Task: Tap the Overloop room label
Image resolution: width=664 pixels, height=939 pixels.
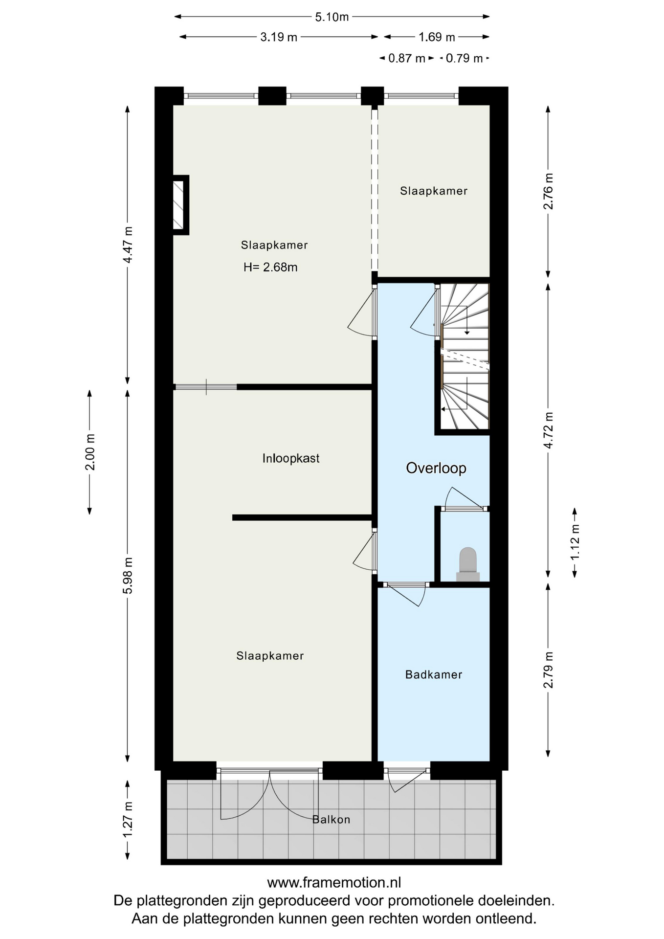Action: pos(436,468)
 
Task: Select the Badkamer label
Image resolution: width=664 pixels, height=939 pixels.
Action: pos(434,674)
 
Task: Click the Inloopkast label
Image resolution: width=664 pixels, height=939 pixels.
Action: pos(291,458)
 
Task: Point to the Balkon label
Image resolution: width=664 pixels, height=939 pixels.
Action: pos(332,819)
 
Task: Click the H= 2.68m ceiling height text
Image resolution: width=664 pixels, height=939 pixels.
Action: pos(270,267)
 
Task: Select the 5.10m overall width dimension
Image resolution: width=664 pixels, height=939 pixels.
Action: pos(332,17)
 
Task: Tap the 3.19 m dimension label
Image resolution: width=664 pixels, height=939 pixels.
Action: pos(279,37)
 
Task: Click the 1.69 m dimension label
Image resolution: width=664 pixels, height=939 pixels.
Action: pos(437,37)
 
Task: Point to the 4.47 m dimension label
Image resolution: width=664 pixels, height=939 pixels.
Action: pos(128,245)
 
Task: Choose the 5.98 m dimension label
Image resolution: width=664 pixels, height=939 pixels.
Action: pos(128,576)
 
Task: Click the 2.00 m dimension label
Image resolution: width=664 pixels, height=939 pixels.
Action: pos(90,452)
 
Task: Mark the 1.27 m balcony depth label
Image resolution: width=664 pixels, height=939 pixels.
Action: pos(128,820)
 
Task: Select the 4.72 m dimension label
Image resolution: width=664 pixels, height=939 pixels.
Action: pos(549,430)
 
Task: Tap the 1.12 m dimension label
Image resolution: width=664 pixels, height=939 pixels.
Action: pos(575,542)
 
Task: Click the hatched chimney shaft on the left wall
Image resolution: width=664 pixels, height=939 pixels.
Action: pos(180,205)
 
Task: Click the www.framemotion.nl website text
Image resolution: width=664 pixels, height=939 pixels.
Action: pos(334,882)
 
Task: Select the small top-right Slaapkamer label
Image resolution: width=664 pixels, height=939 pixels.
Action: pos(434,191)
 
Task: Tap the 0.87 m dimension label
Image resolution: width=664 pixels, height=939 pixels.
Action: pos(406,59)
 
